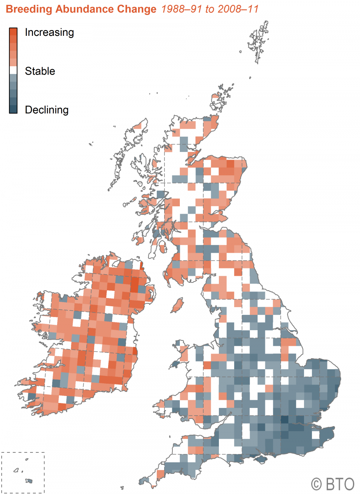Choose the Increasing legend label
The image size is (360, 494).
click(x=49, y=33)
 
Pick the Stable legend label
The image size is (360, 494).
click(x=40, y=71)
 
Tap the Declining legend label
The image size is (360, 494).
click(x=46, y=110)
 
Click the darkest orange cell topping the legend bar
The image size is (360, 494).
click(x=13, y=31)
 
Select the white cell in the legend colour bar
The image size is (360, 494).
click(x=13, y=70)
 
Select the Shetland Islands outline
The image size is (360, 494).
click(x=258, y=43)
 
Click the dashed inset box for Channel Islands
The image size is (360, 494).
click(x=23, y=473)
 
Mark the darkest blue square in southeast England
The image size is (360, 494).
click(x=284, y=419)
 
